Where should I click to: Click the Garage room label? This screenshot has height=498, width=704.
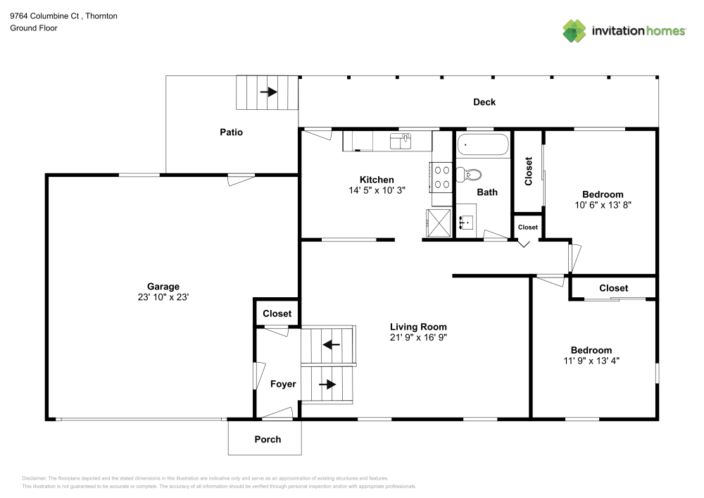click(x=163, y=287)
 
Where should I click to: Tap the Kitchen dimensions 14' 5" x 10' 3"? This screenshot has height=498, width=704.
click(x=377, y=190)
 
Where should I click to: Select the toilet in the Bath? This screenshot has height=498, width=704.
click(x=469, y=174)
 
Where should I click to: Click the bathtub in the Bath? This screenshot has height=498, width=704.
click(x=483, y=144)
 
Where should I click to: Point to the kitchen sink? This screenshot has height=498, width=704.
click(x=401, y=141)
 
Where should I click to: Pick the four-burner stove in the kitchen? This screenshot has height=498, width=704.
click(x=441, y=177)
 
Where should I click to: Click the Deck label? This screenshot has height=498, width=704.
click(x=484, y=102)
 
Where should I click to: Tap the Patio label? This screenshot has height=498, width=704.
click(x=231, y=132)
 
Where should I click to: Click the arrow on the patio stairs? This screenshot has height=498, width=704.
click(x=268, y=92)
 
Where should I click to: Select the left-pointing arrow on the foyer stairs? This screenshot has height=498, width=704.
click(x=331, y=345)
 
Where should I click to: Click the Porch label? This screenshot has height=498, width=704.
click(x=268, y=439)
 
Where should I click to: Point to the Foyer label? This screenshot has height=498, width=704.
click(x=283, y=384)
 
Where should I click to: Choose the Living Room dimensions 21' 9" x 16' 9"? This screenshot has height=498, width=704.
click(x=418, y=337)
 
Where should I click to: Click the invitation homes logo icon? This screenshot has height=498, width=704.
click(x=574, y=31)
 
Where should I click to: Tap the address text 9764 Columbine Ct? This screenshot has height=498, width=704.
click(x=44, y=15)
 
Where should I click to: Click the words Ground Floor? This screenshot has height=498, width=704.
click(x=34, y=28)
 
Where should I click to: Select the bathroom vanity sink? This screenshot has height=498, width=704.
click(x=465, y=222)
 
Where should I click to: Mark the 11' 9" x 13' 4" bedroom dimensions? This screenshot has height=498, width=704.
click(x=591, y=361)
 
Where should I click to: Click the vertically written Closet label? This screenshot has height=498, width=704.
click(x=529, y=171)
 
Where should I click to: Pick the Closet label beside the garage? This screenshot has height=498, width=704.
click(x=277, y=313)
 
